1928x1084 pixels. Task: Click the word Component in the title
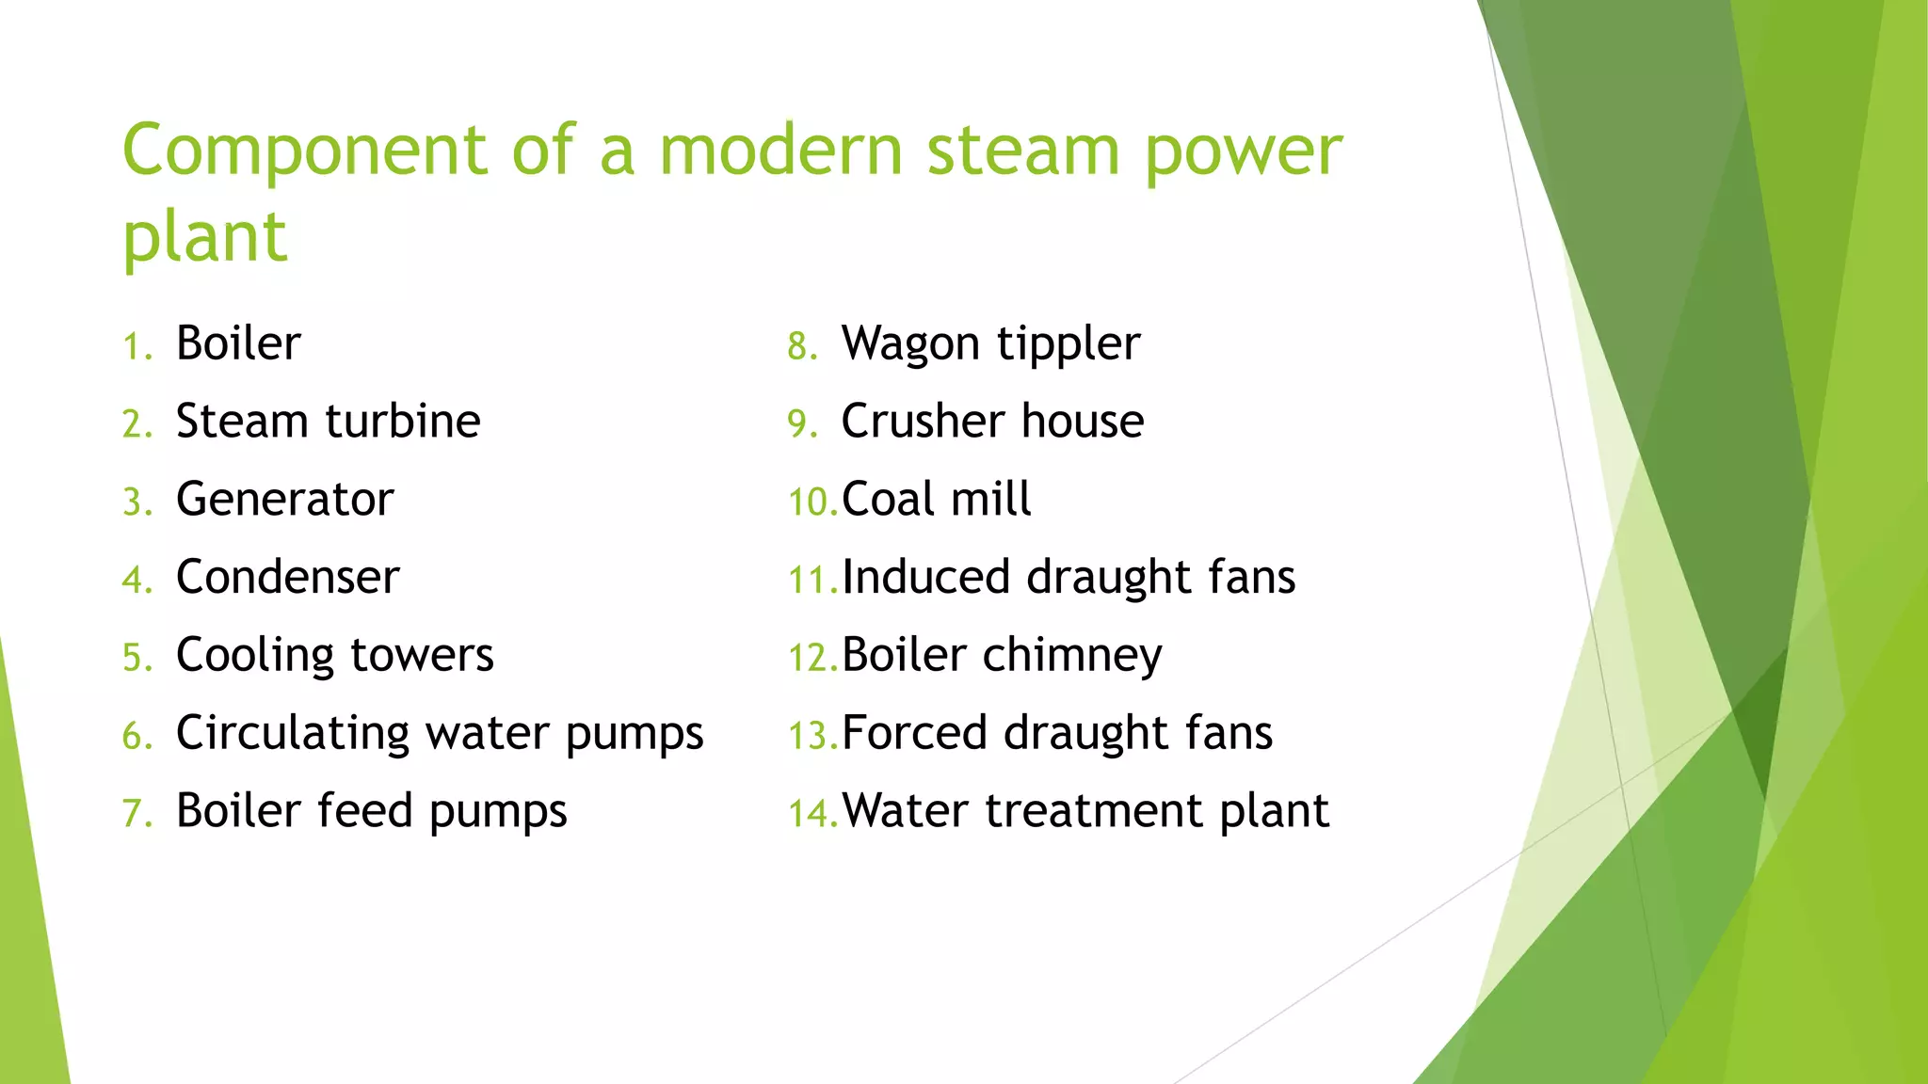click(x=304, y=151)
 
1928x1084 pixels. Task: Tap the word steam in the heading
click(x=1022, y=151)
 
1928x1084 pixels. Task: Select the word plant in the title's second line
click(x=204, y=238)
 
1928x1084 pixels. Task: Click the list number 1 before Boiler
click(x=136, y=347)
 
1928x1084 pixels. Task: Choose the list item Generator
click(x=284, y=499)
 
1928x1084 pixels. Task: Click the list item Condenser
click(x=287, y=577)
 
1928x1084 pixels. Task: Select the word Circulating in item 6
click(x=293, y=734)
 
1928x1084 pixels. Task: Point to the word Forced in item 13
click(x=914, y=733)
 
